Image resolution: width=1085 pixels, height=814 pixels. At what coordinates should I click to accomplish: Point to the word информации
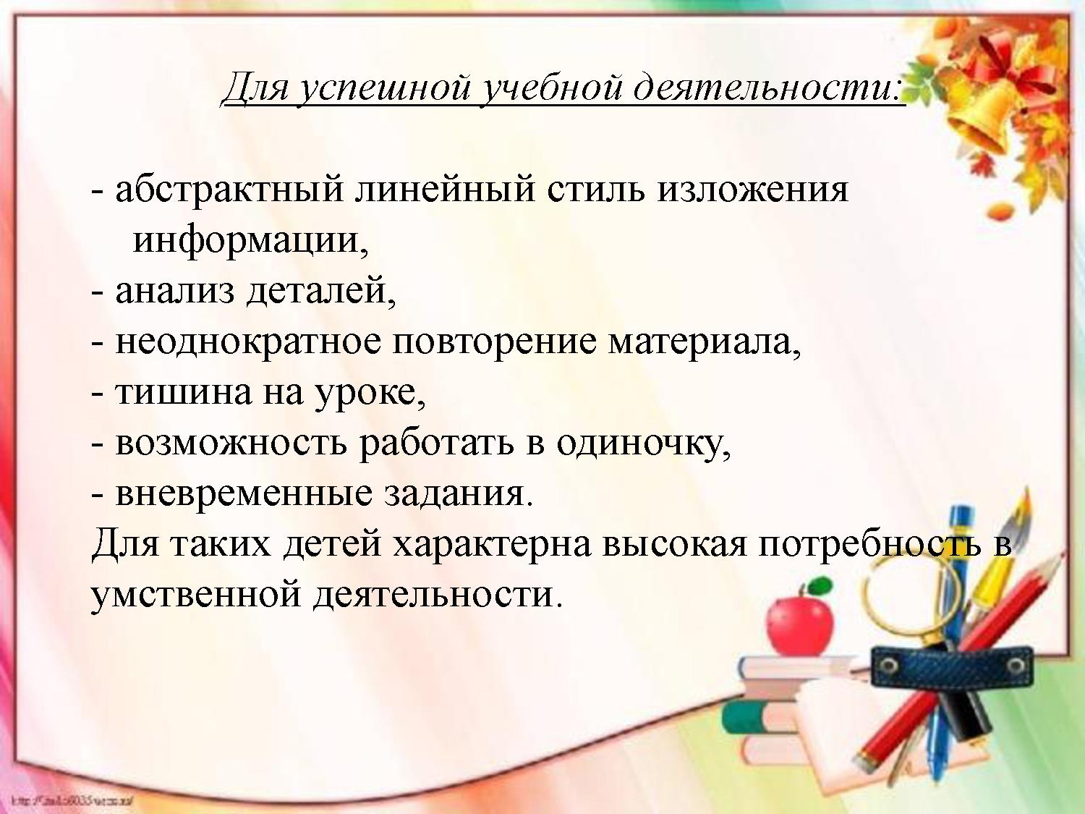(x=250, y=241)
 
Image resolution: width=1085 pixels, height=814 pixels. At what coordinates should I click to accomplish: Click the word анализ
(x=174, y=291)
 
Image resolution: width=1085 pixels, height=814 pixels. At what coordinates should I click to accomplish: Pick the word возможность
(x=231, y=443)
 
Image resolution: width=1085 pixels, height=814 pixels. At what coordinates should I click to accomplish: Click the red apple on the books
(x=799, y=622)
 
